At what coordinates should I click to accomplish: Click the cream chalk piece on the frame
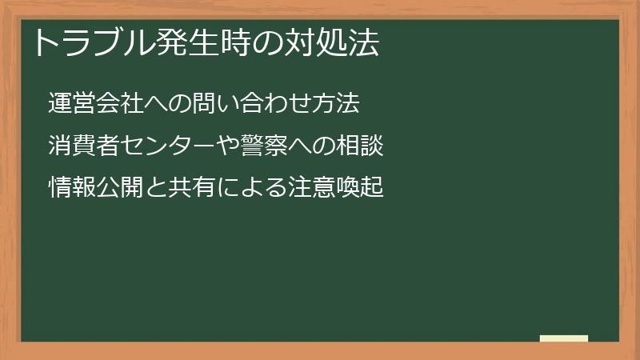tap(563, 338)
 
